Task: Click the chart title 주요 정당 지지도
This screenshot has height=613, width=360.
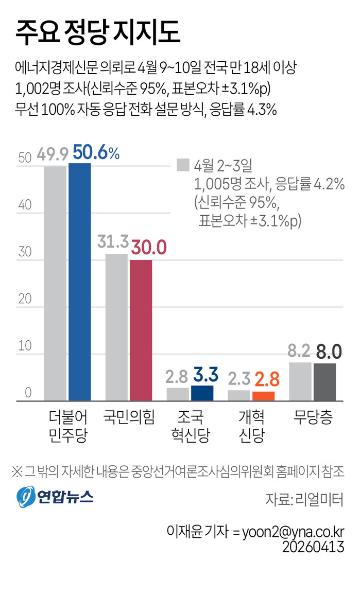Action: (x=98, y=31)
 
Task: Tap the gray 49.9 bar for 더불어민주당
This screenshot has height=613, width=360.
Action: (x=55, y=283)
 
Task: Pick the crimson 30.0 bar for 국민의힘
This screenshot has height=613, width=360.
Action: (x=141, y=330)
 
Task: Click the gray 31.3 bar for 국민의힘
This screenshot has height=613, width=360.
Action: (x=116, y=327)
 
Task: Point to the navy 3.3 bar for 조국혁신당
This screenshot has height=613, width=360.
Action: (x=202, y=393)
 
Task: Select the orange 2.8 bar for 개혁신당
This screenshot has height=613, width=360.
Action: (x=263, y=396)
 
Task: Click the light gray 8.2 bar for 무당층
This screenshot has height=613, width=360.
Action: (x=300, y=381)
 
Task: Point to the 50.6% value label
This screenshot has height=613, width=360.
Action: (x=96, y=153)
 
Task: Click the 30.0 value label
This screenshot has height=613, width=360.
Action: (x=148, y=248)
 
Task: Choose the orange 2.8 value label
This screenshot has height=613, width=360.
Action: (x=266, y=379)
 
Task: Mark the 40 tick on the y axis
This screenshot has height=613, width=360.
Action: (x=25, y=205)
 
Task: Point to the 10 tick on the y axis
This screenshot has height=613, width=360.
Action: (x=25, y=346)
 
